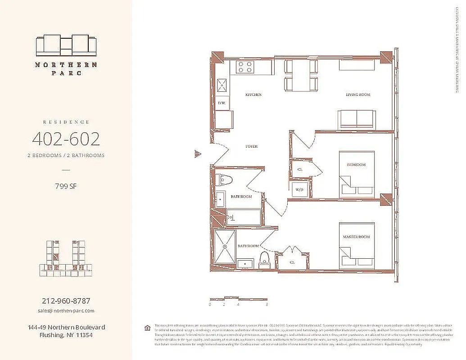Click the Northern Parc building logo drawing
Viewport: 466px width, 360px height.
point(66,45)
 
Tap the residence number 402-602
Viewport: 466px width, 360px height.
point(66,139)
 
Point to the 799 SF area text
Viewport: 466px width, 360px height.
point(66,186)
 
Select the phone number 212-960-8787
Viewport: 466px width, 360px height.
point(66,301)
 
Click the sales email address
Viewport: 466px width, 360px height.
point(66,310)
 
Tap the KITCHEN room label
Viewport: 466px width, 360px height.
point(253,95)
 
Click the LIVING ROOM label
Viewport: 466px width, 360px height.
point(358,94)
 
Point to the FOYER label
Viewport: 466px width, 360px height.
point(251,147)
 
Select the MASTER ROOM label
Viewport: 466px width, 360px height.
point(356,237)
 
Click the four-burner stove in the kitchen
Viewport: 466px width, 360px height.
point(245,67)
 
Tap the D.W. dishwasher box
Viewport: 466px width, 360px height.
point(222,103)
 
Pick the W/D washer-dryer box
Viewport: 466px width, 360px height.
point(300,190)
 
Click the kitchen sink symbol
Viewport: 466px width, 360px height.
point(222,85)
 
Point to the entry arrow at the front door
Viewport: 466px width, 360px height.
point(197,154)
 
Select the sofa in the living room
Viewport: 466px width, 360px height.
point(356,119)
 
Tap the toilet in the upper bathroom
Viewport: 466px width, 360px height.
point(224,180)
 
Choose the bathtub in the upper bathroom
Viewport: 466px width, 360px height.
point(244,217)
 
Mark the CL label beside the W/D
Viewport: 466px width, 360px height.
point(300,170)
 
